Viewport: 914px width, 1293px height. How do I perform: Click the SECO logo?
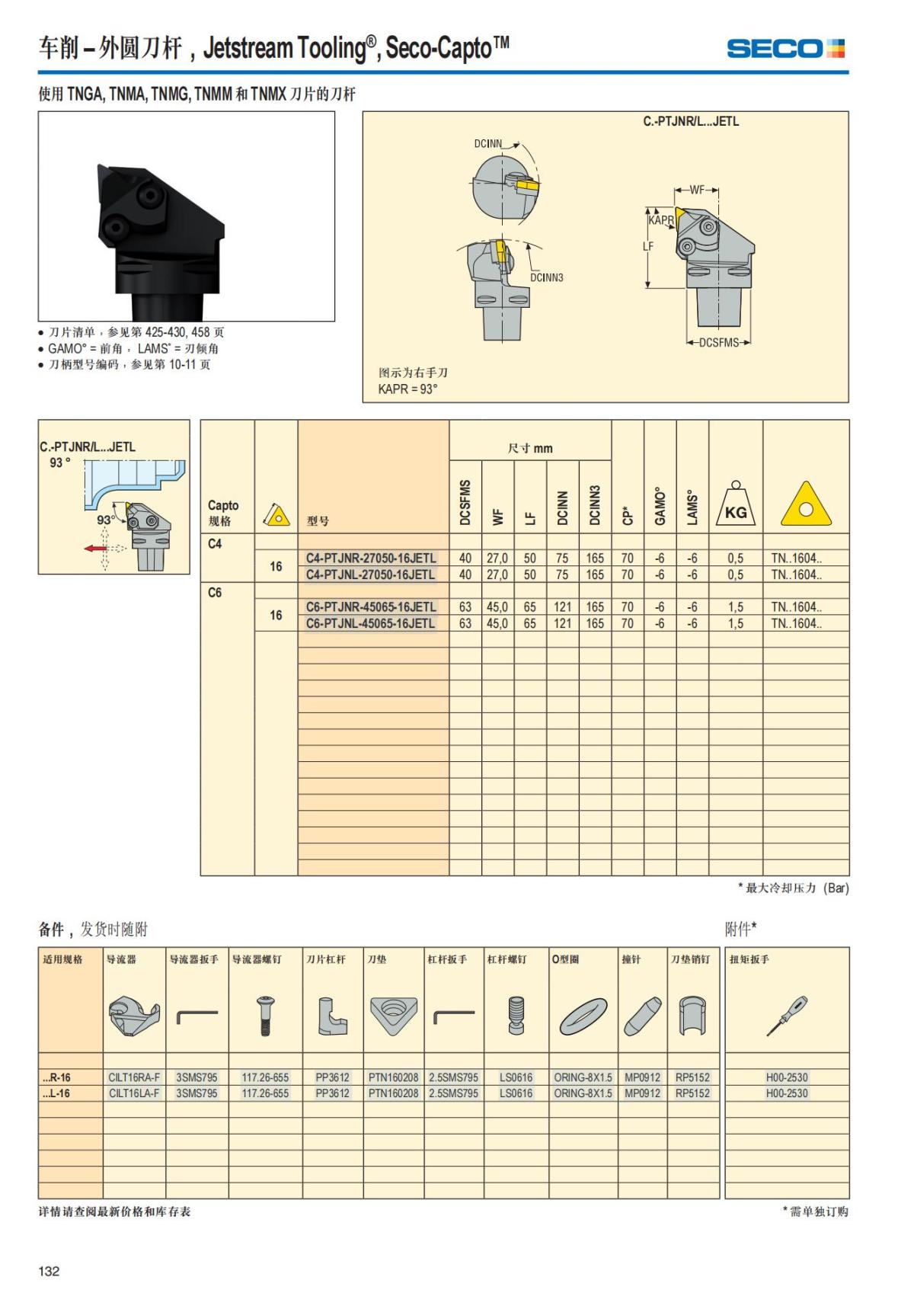pyautogui.click(x=785, y=49)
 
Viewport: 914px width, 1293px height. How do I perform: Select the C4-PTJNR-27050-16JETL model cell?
pyautogui.click(x=371, y=558)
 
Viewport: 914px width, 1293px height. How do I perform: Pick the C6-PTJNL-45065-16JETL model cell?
pyautogui.click(x=371, y=623)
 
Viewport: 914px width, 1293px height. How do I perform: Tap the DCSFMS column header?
pyautogui.click(x=465, y=502)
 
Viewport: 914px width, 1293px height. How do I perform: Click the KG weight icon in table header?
pyautogui.click(x=735, y=506)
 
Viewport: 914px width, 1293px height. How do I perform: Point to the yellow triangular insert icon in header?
pyautogui.click(x=806, y=505)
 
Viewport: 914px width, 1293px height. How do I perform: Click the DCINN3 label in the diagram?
pyautogui.click(x=546, y=278)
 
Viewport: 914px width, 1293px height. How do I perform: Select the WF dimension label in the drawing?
pyautogui.click(x=697, y=190)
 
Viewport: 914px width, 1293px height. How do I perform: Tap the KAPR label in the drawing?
pyautogui.click(x=661, y=220)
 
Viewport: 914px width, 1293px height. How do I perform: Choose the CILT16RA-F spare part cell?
pyautogui.click(x=134, y=1077)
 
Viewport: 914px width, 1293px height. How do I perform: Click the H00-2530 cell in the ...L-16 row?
pyautogui.click(x=786, y=1093)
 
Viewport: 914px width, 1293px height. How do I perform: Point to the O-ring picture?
pyautogui.click(x=583, y=1017)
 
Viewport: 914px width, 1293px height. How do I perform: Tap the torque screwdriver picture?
pyautogui.click(x=787, y=1016)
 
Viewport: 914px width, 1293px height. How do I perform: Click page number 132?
pyautogui.click(x=49, y=1271)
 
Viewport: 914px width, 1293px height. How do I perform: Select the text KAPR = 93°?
pyautogui.click(x=407, y=389)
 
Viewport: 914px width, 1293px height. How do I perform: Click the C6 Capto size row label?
pyautogui.click(x=215, y=593)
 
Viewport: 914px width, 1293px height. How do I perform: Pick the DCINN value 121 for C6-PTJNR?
pyautogui.click(x=562, y=607)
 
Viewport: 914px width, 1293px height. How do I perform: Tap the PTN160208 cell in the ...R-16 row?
pyautogui.click(x=393, y=1077)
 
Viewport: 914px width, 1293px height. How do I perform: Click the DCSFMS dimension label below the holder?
pyautogui.click(x=718, y=343)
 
